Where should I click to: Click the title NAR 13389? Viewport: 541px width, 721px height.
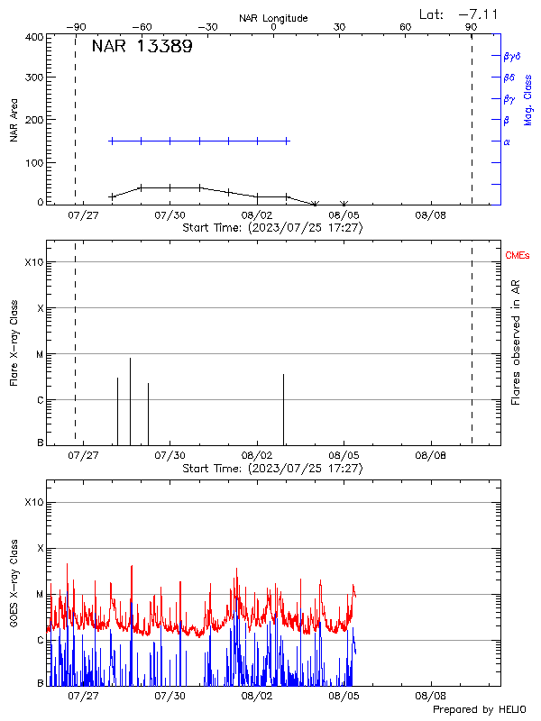[x=142, y=48]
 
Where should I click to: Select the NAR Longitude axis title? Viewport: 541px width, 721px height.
[x=273, y=18]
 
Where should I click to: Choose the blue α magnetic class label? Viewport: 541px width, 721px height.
[x=507, y=141]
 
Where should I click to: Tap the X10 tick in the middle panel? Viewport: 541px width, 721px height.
[x=33, y=262]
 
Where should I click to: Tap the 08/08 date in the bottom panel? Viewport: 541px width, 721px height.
[x=430, y=696]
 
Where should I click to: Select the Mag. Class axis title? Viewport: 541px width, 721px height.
[x=528, y=99]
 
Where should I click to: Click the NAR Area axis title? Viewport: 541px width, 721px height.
[x=14, y=122]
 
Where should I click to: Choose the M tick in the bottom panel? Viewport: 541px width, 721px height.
[x=40, y=595]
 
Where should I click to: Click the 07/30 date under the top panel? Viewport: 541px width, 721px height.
[x=170, y=216]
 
